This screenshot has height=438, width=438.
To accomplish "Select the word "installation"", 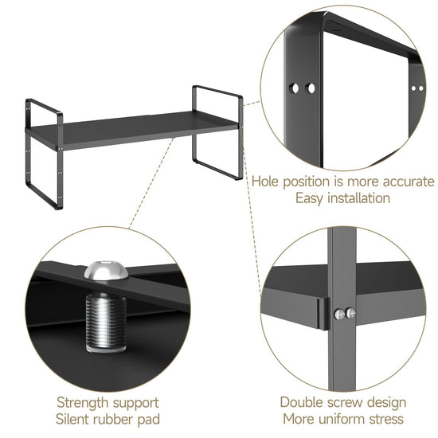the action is [x=358, y=198].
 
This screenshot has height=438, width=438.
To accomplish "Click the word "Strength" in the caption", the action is [x=82, y=403].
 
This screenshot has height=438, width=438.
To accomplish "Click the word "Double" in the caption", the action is [x=301, y=402].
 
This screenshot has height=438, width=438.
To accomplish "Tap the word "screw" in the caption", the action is [x=345, y=403].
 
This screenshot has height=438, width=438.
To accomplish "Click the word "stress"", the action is [x=386, y=420].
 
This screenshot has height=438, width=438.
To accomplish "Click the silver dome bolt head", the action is [x=106, y=270].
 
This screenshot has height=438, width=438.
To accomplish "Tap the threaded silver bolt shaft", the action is [x=106, y=321].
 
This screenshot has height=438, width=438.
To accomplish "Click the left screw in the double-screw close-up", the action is [x=339, y=315].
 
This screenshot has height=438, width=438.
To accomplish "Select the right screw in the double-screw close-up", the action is [x=350, y=313].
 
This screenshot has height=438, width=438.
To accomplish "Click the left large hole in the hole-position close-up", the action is [x=294, y=88].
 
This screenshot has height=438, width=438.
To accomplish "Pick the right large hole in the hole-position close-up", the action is [x=310, y=88].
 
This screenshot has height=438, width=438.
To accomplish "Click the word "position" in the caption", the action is [x=307, y=182].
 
